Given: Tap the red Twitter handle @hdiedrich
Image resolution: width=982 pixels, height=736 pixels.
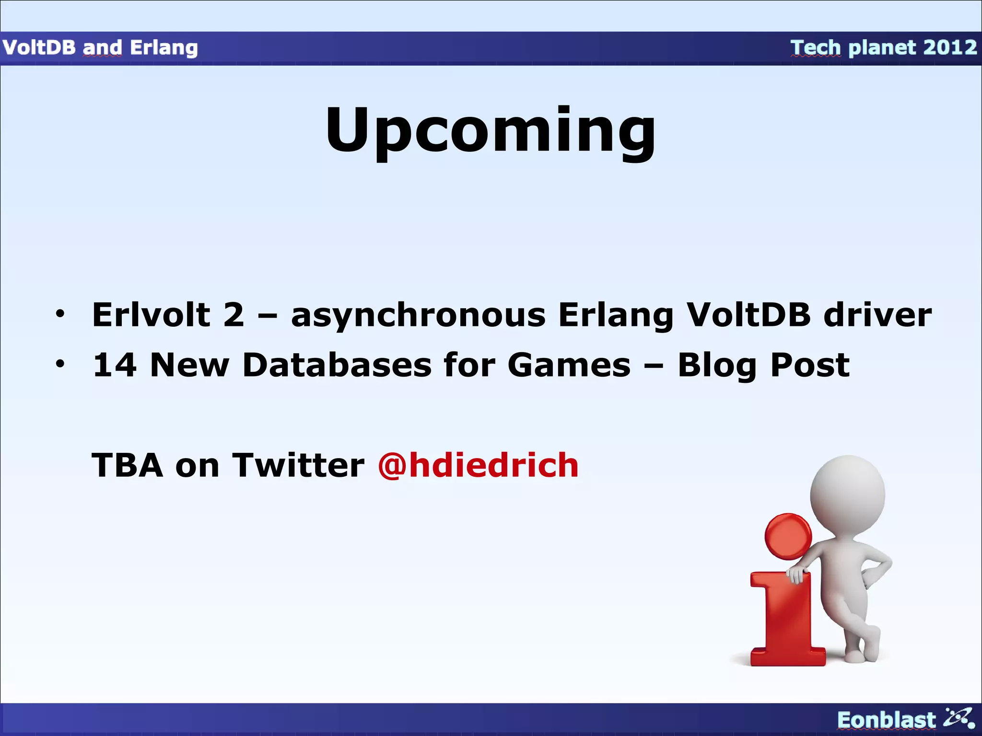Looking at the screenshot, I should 478,465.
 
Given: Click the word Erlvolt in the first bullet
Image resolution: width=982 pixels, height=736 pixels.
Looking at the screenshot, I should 151,315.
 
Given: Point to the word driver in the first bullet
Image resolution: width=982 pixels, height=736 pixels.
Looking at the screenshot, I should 877,315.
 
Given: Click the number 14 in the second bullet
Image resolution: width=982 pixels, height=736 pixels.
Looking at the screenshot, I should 115,365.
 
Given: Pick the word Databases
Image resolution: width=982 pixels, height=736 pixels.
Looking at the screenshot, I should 337,365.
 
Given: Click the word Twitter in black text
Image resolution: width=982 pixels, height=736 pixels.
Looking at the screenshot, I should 298,465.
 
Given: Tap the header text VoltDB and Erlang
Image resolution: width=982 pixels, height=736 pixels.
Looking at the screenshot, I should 100,47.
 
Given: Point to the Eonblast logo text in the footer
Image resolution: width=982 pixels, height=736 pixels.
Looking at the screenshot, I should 886,720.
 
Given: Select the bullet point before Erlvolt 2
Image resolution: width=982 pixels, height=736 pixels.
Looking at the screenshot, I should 59,314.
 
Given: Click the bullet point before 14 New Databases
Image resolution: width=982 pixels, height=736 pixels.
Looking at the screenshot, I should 59,364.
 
